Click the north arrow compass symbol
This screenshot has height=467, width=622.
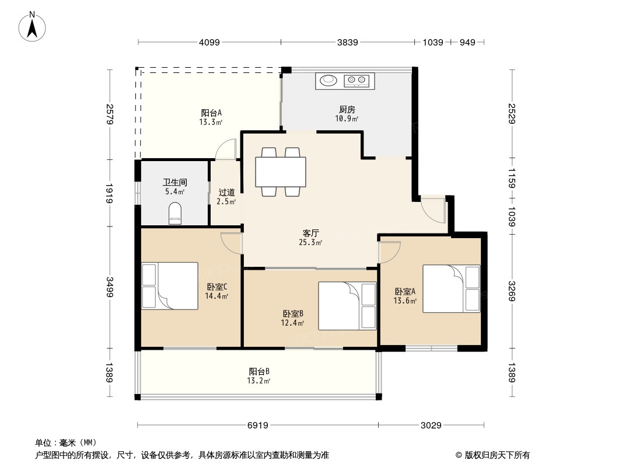(x=32, y=27)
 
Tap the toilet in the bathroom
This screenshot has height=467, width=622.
(x=175, y=214)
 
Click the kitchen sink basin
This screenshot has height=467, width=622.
(x=329, y=80)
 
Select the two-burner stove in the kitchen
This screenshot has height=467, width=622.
(x=357, y=81)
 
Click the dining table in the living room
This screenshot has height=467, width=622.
(x=281, y=172)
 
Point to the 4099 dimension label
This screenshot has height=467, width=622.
(x=209, y=42)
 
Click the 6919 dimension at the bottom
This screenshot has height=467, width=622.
(x=258, y=426)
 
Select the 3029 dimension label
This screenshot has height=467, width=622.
(x=431, y=426)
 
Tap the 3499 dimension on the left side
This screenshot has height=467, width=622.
(x=110, y=287)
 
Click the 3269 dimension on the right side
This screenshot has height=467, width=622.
(x=512, y=291)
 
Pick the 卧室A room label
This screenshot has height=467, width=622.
(x=405, y=292)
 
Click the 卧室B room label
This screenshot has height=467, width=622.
(x=293, y=314)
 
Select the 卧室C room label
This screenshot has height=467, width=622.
(x=217, y=287)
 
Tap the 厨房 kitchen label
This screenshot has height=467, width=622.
(x=347, y=109)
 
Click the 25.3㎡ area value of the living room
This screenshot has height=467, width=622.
(x=310, y=242)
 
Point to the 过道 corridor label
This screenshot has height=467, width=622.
(x=226, y=193)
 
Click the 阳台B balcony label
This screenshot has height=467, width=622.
(x=259, y=372)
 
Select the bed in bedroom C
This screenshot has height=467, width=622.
(x=170, y=285)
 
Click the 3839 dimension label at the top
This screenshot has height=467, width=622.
(x=348, y=42)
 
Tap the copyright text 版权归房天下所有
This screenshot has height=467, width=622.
(x=497, y=455)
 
